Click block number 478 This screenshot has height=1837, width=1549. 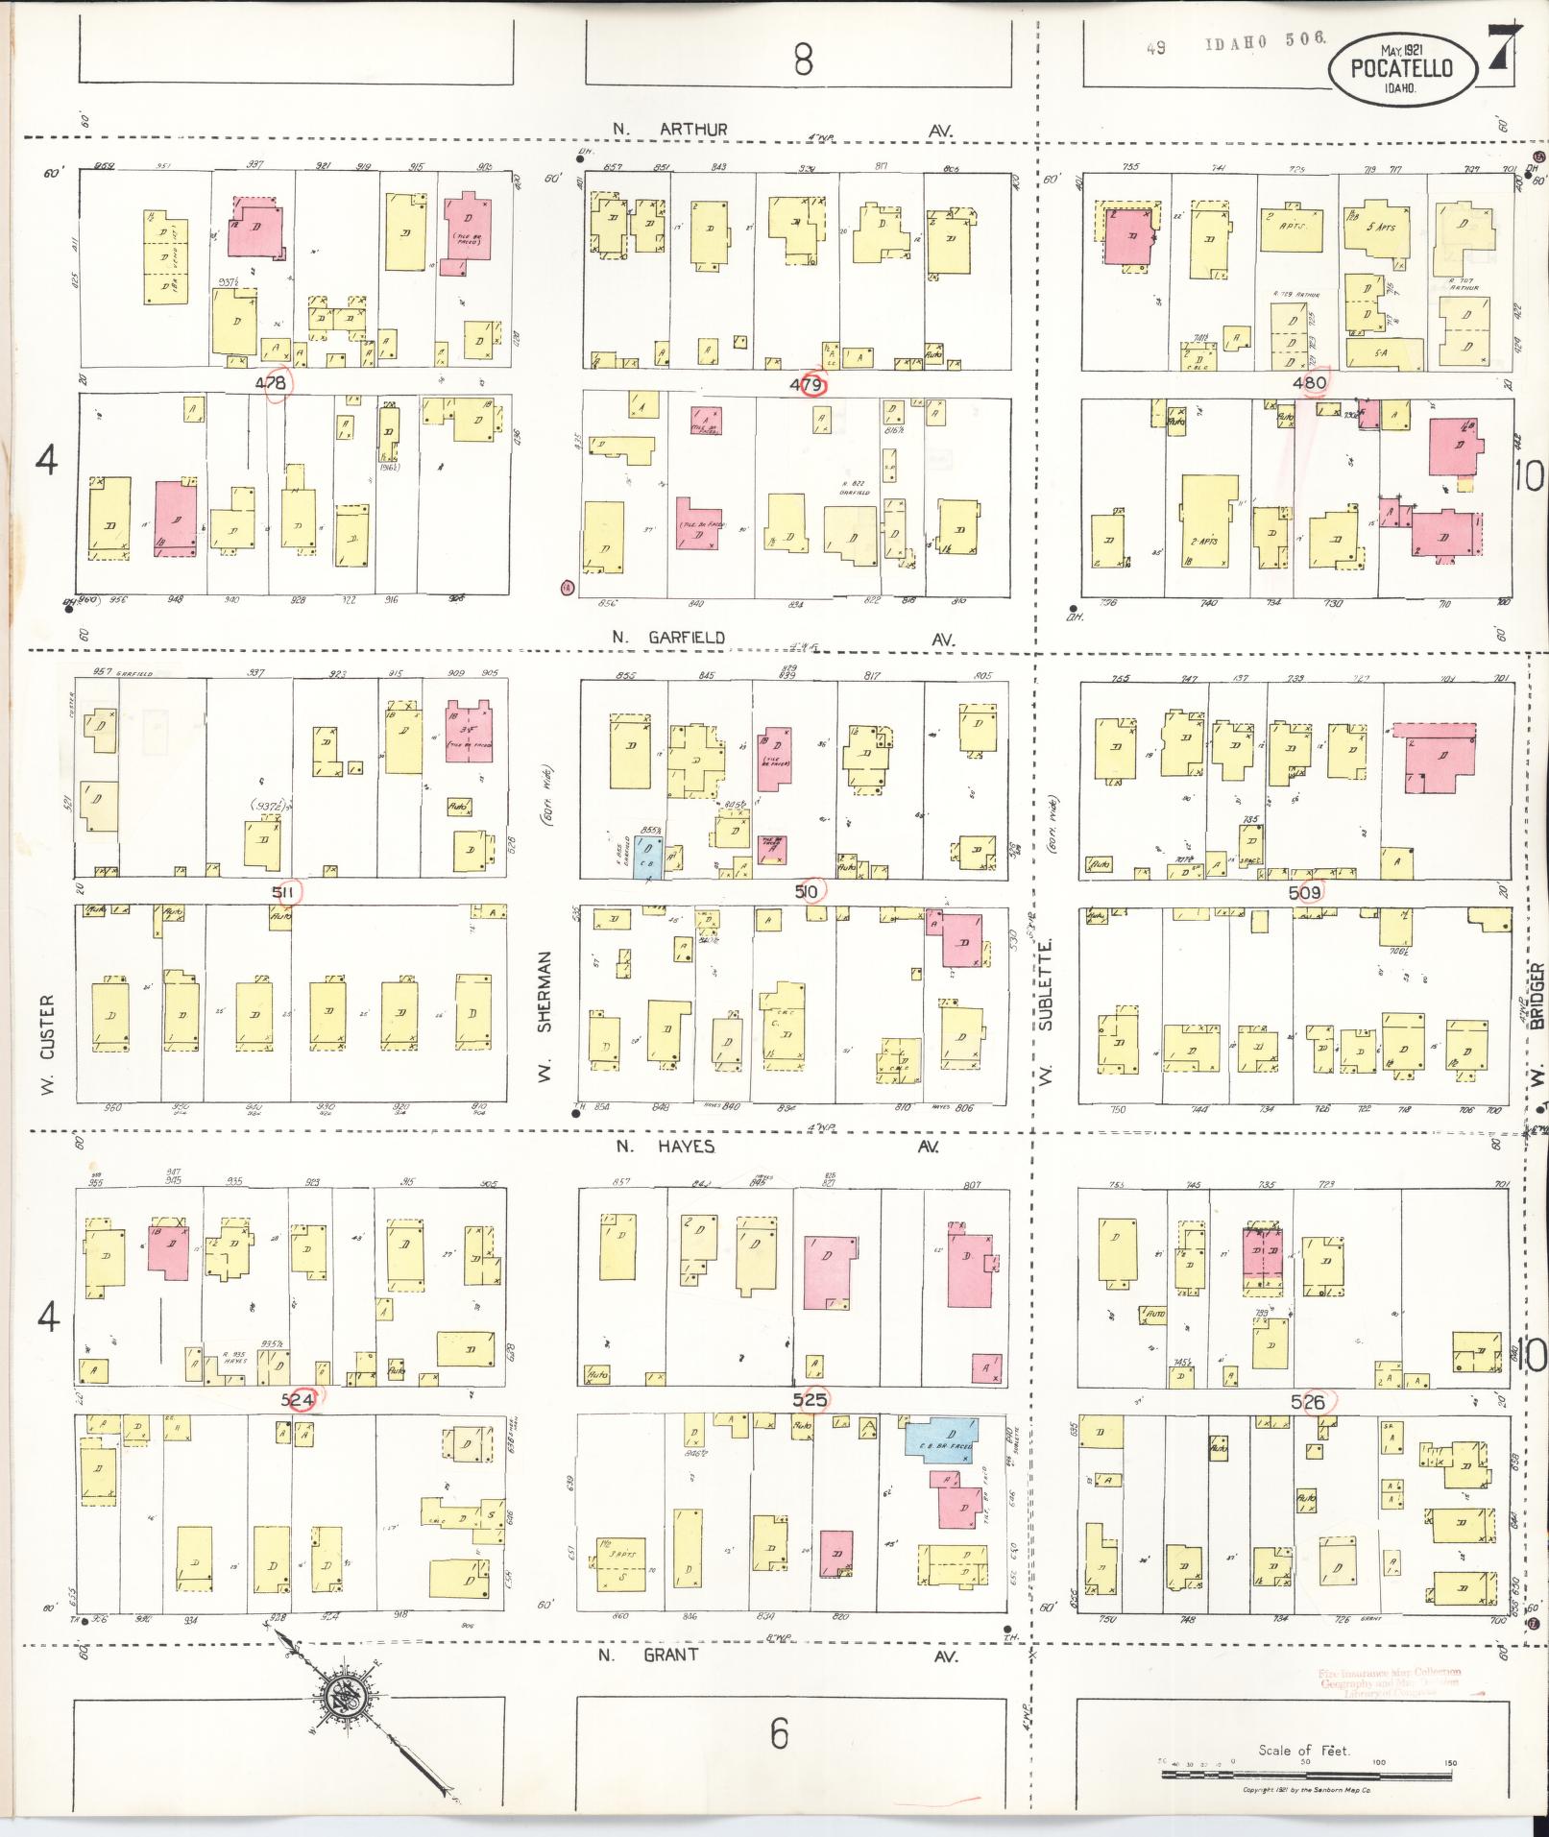(271, 383)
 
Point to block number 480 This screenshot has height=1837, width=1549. (1309, 382)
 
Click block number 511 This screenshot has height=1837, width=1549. (283, 892)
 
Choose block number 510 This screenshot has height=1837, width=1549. (806, 892)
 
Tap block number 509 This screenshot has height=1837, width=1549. (1304, 892)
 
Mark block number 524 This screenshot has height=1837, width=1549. (298, 1400)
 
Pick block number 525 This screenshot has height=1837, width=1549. (810, 1399)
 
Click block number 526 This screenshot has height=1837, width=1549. (1308, 1402)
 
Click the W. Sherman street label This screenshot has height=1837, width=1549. (545, 1017)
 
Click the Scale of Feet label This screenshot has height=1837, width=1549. (1304, 1750)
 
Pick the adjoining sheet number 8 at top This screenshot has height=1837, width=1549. (803, 60)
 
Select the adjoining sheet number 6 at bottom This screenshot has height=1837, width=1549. (779, 1733)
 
